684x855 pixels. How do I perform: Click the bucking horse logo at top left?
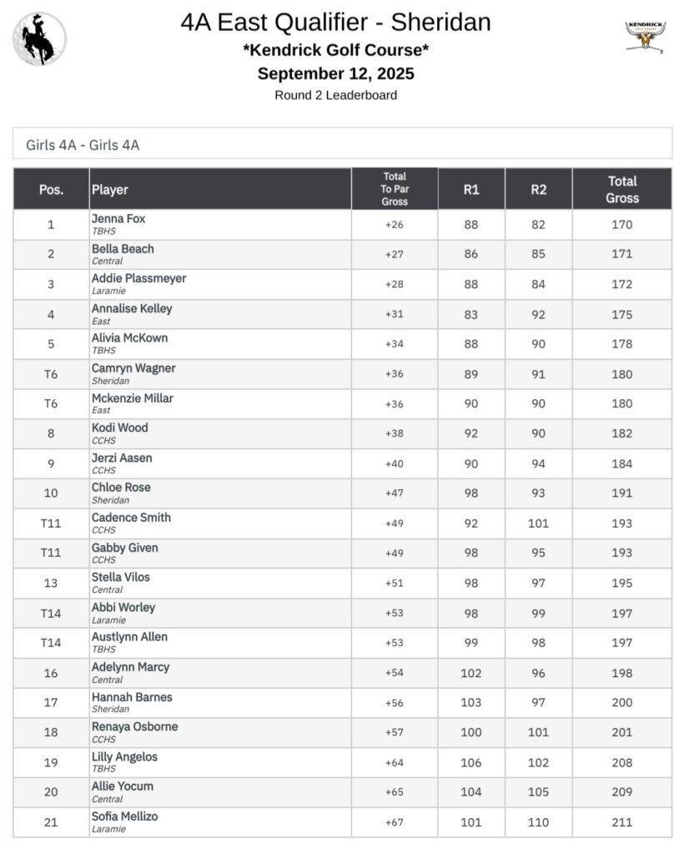pyautogui.click(x=39, y=39)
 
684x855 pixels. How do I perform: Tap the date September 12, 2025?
pyautogui.click(x=335, y=73)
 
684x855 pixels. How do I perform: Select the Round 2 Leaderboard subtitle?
pyautogui.click(x=335, y=95)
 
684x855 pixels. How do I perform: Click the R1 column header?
pyautogui.click(x=471, y=190)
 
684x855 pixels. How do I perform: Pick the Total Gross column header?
pyautogui.click(x=622, y=190)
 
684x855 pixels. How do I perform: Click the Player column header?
pyautogui.click(x=110, y=190)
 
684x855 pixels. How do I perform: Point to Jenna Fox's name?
pyautogui.click(x=118, y=219)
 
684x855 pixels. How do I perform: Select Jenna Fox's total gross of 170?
pyautogui.click(x=622, y=225)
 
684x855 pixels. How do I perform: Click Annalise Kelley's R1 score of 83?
pyautogui.click(x=471, y=314)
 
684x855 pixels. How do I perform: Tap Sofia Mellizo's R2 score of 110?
pyautogui.click(x=539, y=822)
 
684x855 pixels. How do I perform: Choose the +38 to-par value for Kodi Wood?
pyautogui.click(x=395, y=433)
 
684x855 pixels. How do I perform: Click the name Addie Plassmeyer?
pyautogui.click(x=138, y=278)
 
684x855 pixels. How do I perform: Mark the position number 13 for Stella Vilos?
pyautogui.click(x=51, y=583)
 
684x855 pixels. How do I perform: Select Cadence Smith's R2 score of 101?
pyautogui.click(x=539, y=524)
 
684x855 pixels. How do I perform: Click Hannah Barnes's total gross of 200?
pyautogui.click(x=622, y=703)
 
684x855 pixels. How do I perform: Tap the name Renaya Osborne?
pyautogui.click(x=134, y=726)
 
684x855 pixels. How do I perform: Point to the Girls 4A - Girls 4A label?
pyautogui.click(x=83, y=145)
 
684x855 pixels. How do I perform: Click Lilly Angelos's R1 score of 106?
pyautogui.click(x=471, y=762)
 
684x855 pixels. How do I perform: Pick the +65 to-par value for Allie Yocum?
pyautogui.click(x=395, y=792)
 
